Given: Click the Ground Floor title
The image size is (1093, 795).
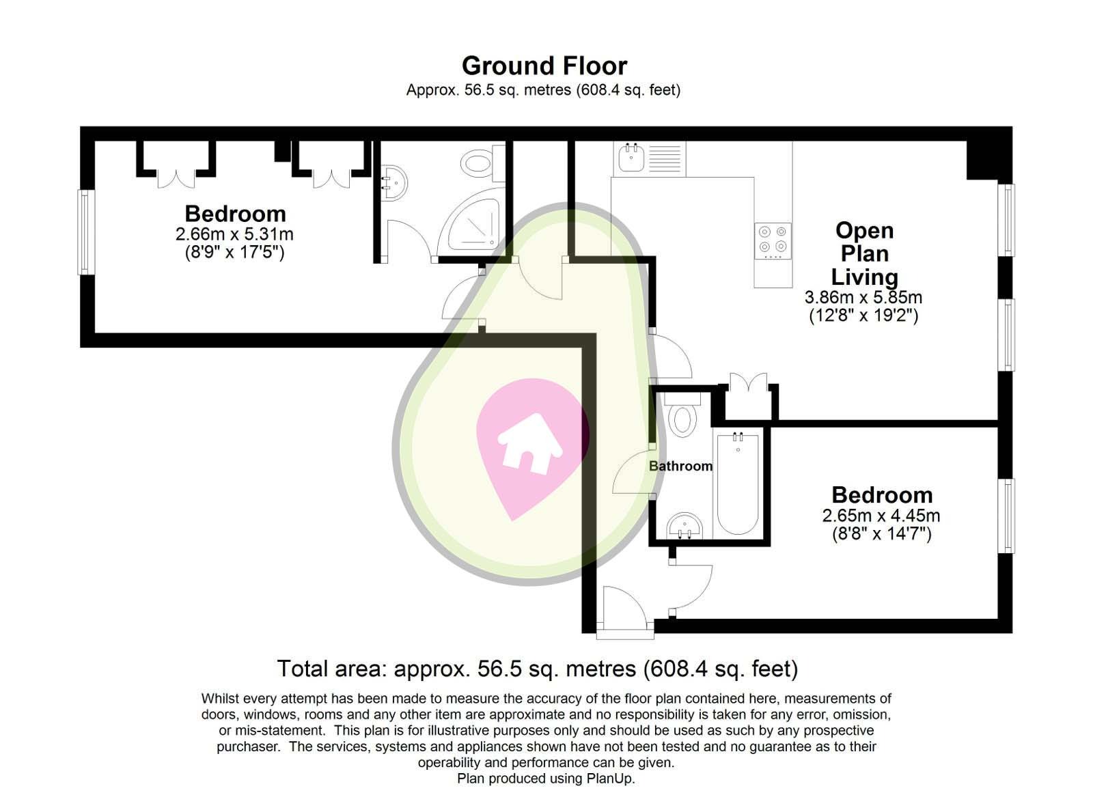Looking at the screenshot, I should (544, 66).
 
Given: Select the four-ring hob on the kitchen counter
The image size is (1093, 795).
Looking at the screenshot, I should (773, 240).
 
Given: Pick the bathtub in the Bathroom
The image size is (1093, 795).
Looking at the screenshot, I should (738, 483).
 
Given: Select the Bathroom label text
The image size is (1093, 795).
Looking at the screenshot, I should (680, 466).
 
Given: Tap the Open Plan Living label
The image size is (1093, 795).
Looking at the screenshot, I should (864, 253).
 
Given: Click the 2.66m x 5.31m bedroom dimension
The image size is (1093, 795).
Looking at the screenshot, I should (234, 234).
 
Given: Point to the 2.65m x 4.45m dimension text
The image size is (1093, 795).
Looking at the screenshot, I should (881, 516).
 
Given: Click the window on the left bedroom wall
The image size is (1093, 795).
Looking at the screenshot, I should (85, 232).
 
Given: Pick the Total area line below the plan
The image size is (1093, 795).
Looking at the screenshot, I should (537, 668).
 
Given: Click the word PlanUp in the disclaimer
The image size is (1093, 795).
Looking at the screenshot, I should (610, 779).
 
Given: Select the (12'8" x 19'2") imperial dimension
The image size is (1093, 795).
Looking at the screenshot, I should (863, 316).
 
